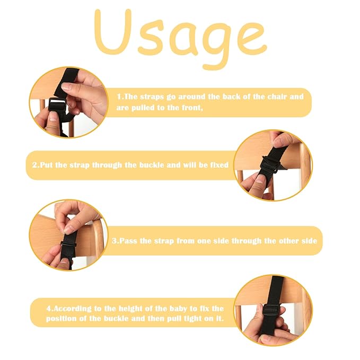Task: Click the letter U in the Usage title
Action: click(x=112, y=32)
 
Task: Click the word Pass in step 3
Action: click(x=129, y=241)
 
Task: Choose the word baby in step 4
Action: click(x=179, y=309)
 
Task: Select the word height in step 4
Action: click(x=131, y=309)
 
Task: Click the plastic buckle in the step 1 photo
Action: click(x=58, y=104)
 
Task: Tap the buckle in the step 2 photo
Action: click(x=270, y=164)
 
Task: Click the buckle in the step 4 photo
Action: click(x=271, y=310)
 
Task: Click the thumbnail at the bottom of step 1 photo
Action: click(x=54, y=117)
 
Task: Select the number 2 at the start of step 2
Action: click(x=35, y=165)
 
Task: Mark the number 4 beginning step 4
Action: click(x=49, y=309)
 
